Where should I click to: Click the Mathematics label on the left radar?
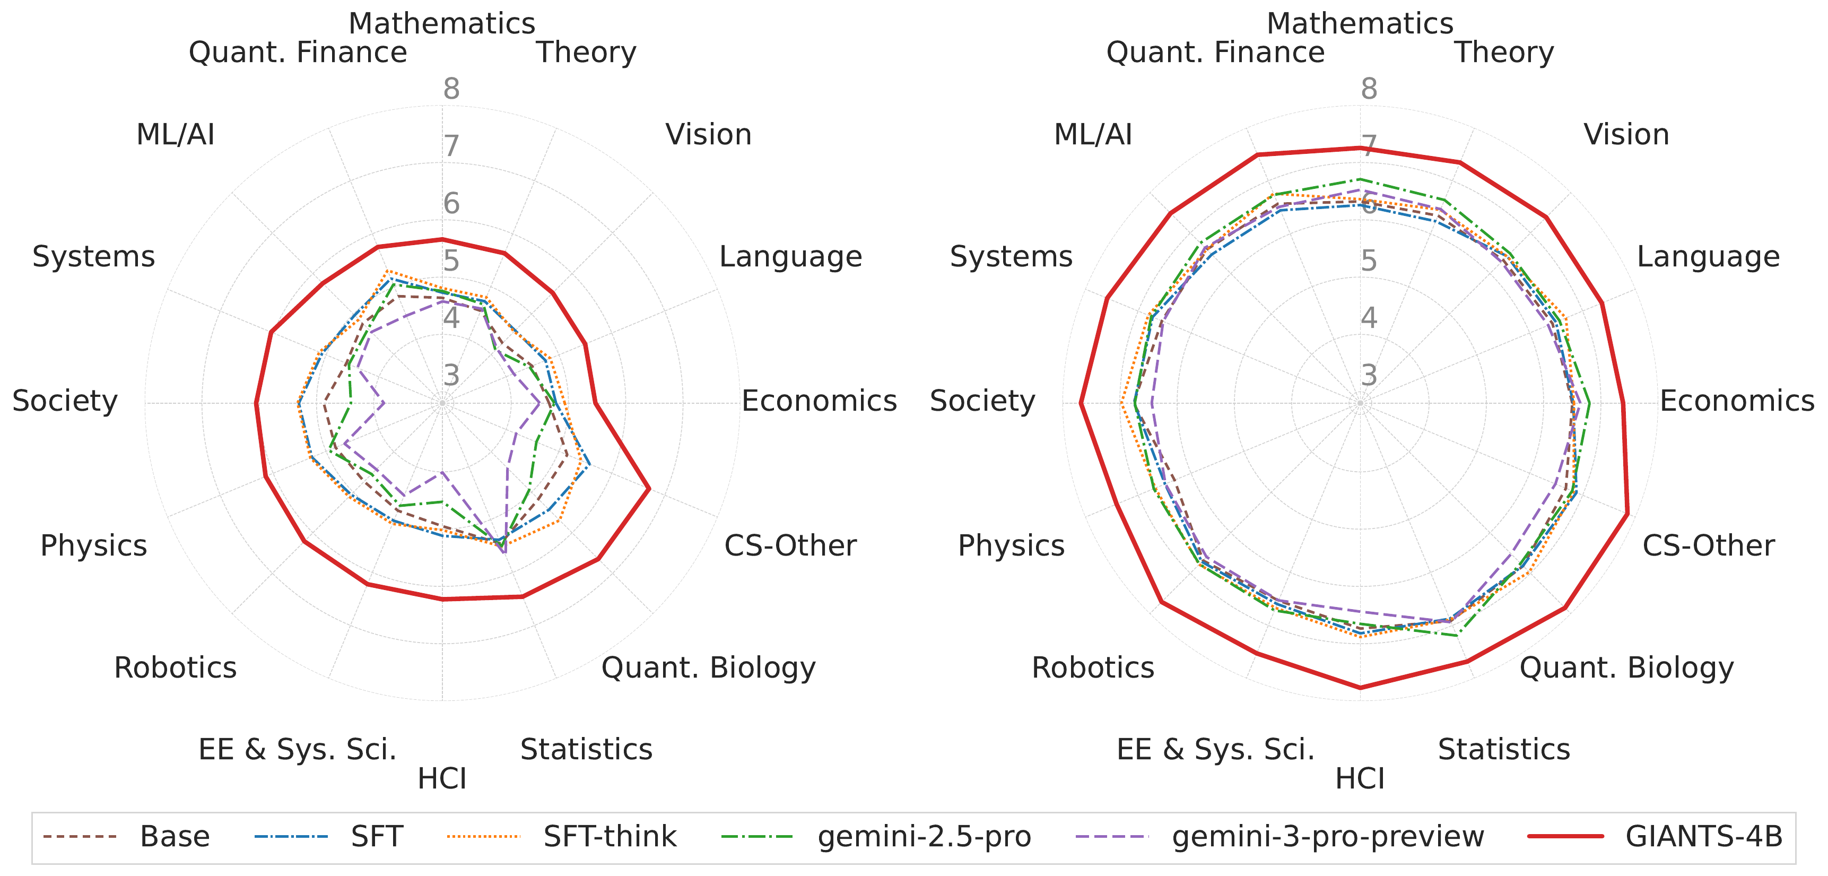[x=441, y=23]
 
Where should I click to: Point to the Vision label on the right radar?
[x=1626, y=134]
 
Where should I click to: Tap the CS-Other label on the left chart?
[x=790, y=545]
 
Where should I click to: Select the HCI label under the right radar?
[x=1360, y=779]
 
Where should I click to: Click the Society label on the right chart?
[x=982, y=401]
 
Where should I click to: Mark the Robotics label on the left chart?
[x=175, y=667]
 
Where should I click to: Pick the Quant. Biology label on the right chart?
[x=1626, y=667]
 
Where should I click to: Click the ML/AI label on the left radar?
[x=175, y=134]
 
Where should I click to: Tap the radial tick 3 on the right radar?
[x=1369, y=375]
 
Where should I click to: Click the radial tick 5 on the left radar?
[x=451, y=261]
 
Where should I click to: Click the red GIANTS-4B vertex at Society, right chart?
[x=1080, y=403]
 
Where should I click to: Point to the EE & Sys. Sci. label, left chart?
[x=298, y=749]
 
